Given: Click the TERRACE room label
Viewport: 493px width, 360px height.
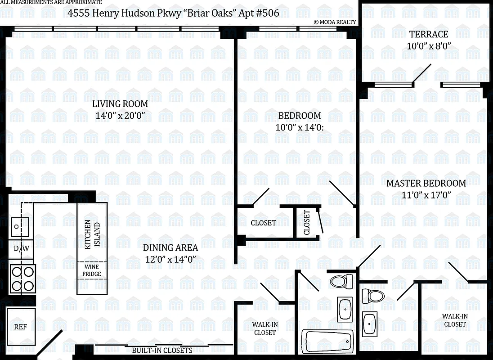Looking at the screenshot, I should (428, 34).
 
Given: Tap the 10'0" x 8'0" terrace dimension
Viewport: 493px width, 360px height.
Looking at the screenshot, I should (428, 46).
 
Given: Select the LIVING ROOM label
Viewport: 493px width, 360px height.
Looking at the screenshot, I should (120, 104).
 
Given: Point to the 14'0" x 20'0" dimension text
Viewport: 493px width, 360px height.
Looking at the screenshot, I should (120, 116).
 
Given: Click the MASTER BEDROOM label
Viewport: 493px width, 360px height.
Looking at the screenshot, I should (426, 183).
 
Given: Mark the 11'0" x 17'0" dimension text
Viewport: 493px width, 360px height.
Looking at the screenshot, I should (426, 195).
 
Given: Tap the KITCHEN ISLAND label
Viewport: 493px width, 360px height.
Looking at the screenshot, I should (92, 234).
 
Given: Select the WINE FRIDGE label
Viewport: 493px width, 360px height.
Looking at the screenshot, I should (91, 270).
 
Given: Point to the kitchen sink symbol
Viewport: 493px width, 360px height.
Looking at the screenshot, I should (19, 224).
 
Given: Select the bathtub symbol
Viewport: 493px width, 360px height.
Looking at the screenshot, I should (328, 342).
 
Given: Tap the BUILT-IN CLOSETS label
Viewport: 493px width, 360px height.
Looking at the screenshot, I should (162, 350).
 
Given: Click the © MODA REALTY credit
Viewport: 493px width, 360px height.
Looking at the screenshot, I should (335, 22).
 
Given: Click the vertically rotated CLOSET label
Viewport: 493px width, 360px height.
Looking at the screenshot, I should (307, 222).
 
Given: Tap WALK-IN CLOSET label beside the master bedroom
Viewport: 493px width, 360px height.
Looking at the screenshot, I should (455, 320).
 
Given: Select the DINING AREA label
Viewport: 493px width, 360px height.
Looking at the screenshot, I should (170, 247).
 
